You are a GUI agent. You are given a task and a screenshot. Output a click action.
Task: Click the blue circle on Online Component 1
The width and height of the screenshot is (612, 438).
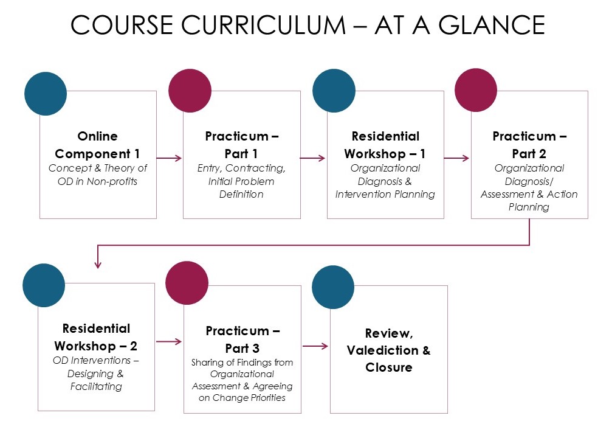46,94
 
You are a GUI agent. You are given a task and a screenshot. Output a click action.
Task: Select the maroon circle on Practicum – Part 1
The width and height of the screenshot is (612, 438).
189,91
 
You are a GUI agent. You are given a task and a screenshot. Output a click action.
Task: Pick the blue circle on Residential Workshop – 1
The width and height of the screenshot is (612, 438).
334,91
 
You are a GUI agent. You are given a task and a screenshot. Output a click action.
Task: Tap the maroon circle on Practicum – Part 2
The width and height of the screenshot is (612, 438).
476,90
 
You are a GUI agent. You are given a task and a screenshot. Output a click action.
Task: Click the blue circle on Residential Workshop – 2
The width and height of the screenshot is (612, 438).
44,285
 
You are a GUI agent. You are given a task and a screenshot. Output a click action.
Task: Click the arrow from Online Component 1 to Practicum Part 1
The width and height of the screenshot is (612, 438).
170,158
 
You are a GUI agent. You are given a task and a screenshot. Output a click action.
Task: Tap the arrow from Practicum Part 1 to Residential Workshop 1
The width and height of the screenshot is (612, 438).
313,158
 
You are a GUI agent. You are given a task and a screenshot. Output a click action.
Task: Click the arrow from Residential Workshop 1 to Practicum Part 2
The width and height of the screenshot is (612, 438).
456,158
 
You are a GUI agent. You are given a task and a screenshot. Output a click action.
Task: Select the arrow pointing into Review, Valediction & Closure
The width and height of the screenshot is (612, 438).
315,347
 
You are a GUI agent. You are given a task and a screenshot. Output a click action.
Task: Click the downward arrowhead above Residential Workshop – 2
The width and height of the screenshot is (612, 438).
98,263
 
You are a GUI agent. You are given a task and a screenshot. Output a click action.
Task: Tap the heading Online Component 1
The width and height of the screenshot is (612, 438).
98,145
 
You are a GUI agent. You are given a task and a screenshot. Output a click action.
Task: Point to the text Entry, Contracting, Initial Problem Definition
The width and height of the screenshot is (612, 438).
241,181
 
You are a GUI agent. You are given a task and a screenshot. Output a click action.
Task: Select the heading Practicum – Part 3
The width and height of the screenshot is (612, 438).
242,340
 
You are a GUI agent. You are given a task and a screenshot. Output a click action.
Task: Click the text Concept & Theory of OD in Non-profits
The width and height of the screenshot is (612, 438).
98,175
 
